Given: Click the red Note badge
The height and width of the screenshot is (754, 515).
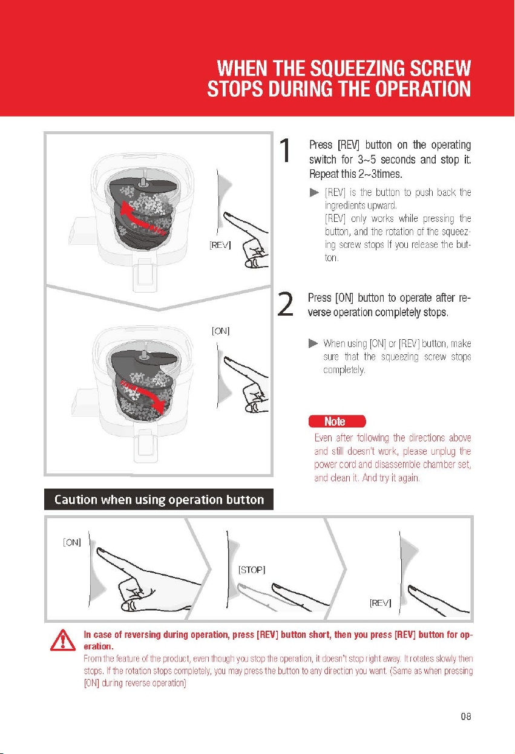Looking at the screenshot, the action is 337,421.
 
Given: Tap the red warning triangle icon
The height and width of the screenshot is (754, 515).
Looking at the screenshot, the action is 63,640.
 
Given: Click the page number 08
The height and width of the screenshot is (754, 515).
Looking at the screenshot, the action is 466,717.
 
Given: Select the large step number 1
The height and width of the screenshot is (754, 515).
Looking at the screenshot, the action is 285,151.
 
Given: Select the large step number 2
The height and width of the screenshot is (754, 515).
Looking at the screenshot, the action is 285,304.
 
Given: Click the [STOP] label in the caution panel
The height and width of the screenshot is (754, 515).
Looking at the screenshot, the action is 252,570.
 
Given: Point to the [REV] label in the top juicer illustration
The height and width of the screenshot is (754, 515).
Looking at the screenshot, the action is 220,245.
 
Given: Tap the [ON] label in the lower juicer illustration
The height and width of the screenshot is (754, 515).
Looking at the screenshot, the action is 221,331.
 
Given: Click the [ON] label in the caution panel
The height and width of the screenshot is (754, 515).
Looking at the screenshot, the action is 72,542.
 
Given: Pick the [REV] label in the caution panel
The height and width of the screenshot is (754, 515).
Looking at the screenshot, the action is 381,602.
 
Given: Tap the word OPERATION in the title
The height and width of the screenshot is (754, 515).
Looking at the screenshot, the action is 423,89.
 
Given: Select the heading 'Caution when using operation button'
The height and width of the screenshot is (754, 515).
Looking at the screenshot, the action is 159,499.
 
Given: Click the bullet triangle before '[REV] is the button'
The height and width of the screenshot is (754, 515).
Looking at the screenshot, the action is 314,192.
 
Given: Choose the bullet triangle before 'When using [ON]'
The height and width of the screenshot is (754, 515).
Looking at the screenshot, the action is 313,343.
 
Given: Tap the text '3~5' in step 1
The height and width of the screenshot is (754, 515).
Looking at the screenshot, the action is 367,159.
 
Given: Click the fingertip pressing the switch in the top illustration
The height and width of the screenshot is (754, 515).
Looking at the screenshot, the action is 227,215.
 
